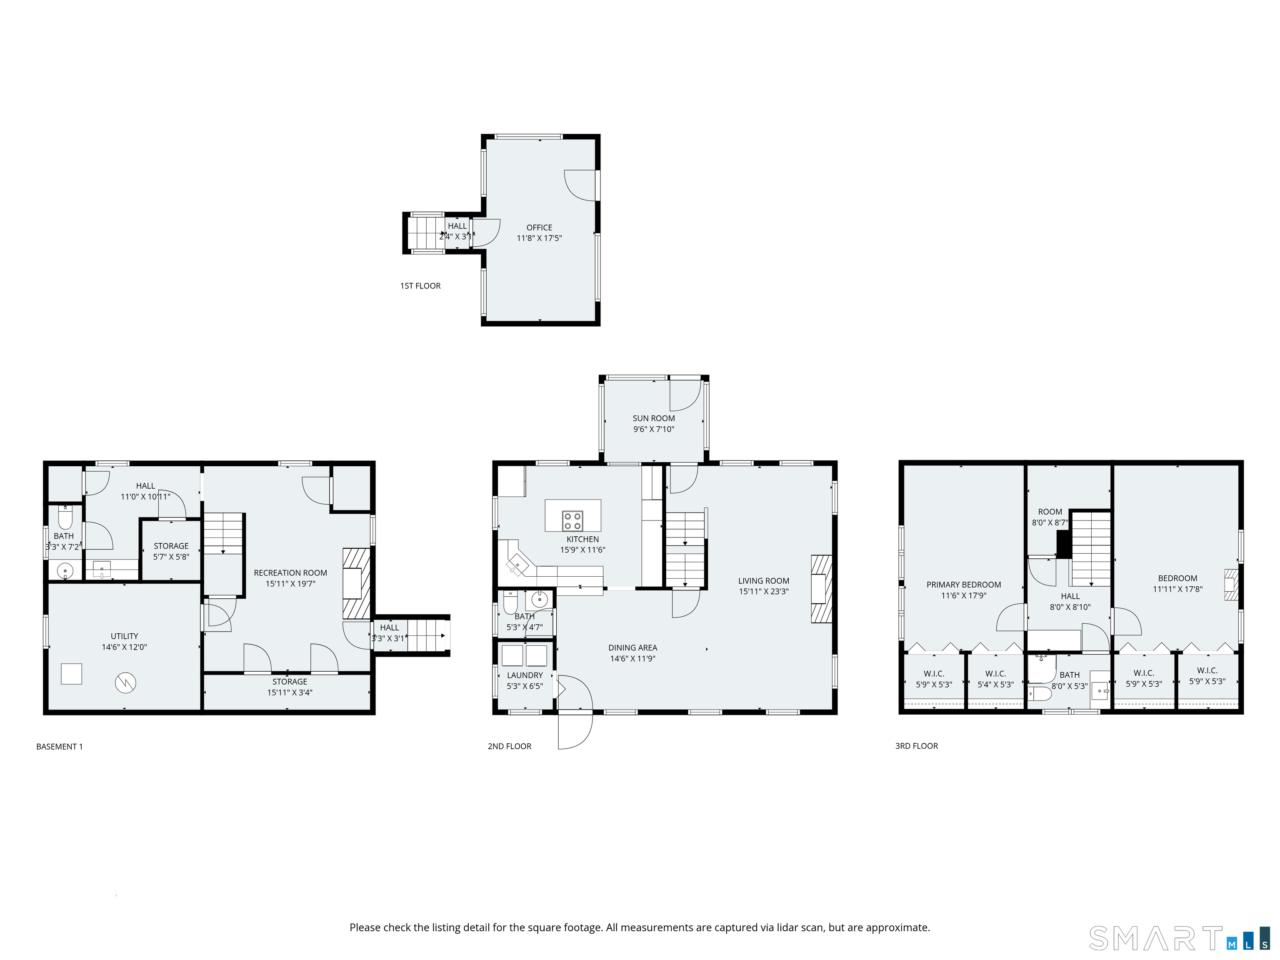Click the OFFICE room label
[x=539, y=227]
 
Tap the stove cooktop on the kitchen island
[x=572, y=521]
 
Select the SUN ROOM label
[x=653, y=418]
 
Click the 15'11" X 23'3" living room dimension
[x=763, y=591]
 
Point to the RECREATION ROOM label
[x=290, y=573]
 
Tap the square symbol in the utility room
[x=71, y=674]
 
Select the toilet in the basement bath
[x=65, y=517]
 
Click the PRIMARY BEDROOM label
[x=963, y=585]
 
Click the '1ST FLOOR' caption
[x=420, y=286]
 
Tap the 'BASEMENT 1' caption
[x=59, y=747]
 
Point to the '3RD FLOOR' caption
[x=916, y=746]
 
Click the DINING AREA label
[x=632, y=647]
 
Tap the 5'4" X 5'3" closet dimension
[x=995, y=685]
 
